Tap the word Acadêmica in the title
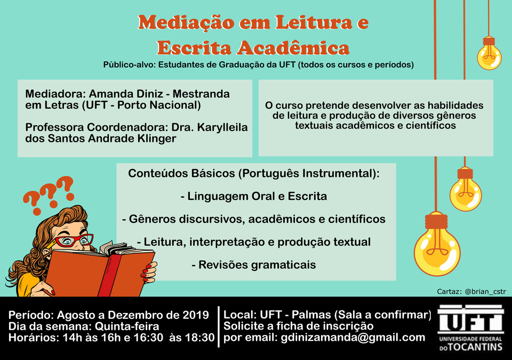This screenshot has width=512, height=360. pos(293,47)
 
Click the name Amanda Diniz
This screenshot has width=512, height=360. pos(126,94)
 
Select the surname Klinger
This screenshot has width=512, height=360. pos(157,139)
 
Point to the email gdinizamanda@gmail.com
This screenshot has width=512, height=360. pos(353,338)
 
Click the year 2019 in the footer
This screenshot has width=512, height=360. pos(195,315)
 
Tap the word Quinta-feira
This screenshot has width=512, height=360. pos(127,326)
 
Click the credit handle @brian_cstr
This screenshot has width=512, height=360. pos(485,291)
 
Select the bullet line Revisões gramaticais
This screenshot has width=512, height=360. pos(254,265)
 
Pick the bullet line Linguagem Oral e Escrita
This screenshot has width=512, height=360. pos(254,196)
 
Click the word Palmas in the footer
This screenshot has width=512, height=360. pos(311,315)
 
